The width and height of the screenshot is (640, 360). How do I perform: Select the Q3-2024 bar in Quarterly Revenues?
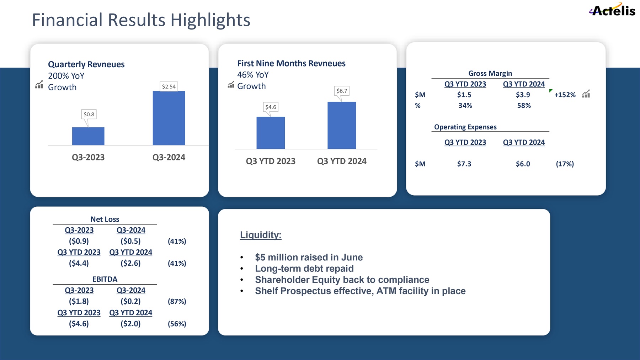point(169,118)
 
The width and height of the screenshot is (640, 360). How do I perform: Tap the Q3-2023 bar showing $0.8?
point(88,136)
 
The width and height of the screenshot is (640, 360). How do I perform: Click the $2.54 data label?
point(169,86)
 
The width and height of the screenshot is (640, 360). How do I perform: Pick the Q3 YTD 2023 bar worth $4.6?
point(271,133)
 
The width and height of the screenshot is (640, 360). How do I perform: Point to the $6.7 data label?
point(342,91)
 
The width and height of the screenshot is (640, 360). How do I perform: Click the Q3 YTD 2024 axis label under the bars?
point(342,161)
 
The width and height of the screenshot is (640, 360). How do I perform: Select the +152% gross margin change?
point(565,95)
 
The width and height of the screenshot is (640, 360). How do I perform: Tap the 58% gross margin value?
point(524,106)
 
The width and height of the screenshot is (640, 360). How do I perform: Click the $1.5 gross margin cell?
point(464,95)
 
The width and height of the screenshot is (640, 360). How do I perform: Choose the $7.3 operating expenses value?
point(464,164)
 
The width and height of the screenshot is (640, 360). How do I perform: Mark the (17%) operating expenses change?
point(565,164)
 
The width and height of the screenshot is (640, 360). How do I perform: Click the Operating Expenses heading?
point(465,127)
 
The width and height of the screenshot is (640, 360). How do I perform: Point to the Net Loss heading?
point(105,219)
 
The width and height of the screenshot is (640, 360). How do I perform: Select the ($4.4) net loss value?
point(79,263)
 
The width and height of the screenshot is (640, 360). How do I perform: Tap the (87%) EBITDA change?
point(177,301)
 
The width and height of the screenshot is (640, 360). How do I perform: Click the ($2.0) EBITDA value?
point(130,324)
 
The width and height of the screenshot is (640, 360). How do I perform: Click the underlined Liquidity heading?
point(261,235)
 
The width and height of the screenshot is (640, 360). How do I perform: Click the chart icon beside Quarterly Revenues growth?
point(39,85)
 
